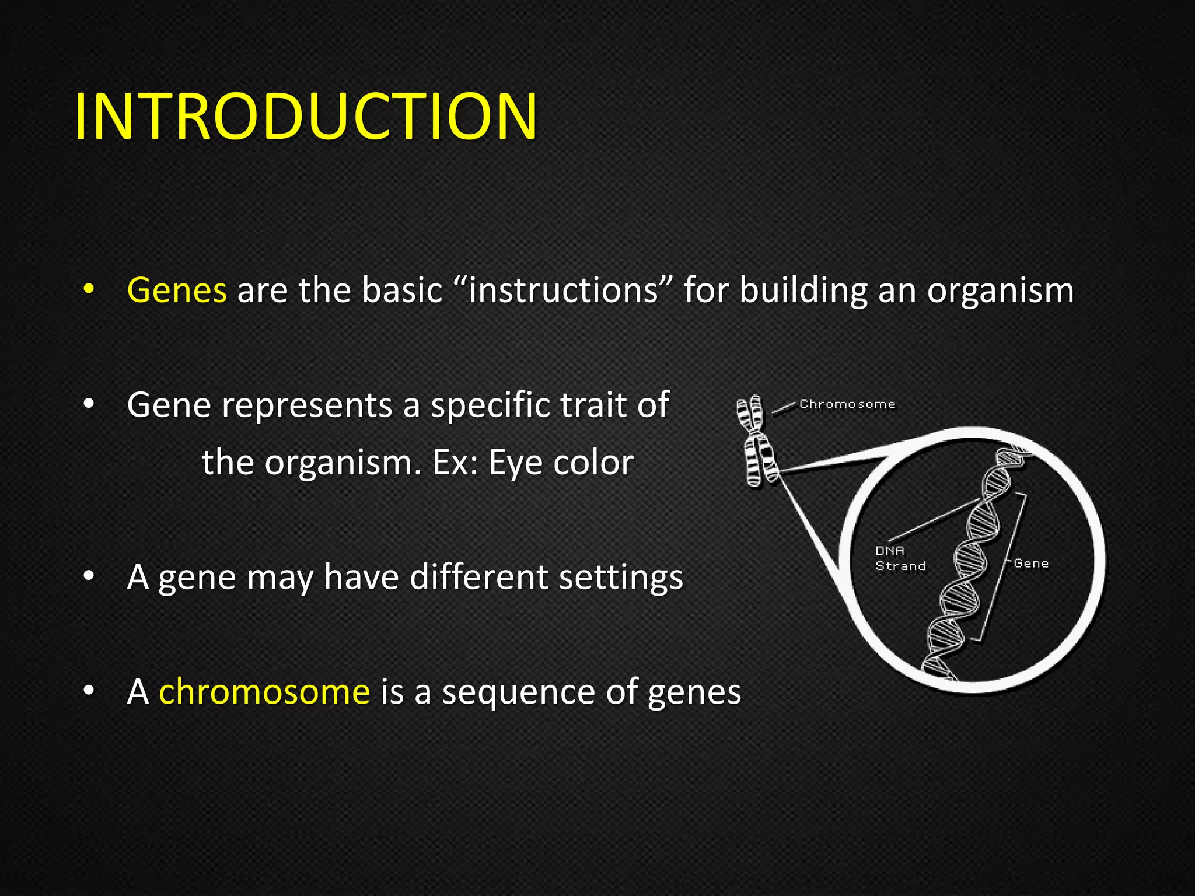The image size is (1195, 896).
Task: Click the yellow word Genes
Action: coord(177,290)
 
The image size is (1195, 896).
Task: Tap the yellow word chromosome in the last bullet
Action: coord(264,692)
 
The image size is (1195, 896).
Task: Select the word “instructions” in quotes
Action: coord(562,290)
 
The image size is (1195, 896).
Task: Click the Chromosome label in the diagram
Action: coord(847,404)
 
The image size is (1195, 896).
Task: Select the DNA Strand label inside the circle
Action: coord(899,558)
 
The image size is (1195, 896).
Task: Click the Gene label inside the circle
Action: coord(1031,563)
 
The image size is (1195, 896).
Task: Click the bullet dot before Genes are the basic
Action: coord(88,289)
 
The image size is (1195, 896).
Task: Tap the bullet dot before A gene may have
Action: coord(88,576)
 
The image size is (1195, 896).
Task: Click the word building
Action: coord(803,290)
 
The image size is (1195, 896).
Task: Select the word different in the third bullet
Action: coord(478,577)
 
